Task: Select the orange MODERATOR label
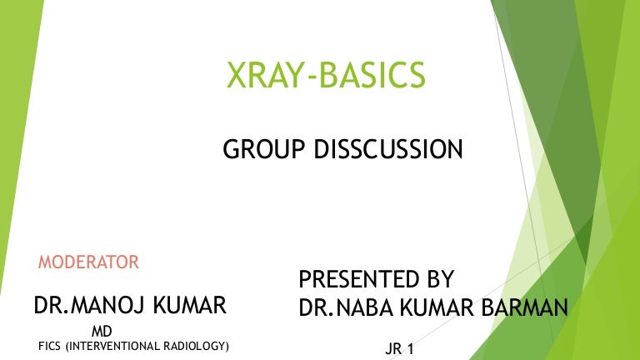[x=88, y=262]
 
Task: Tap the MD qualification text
[x=102, y=332]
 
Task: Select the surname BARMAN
[x=522, y=308]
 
